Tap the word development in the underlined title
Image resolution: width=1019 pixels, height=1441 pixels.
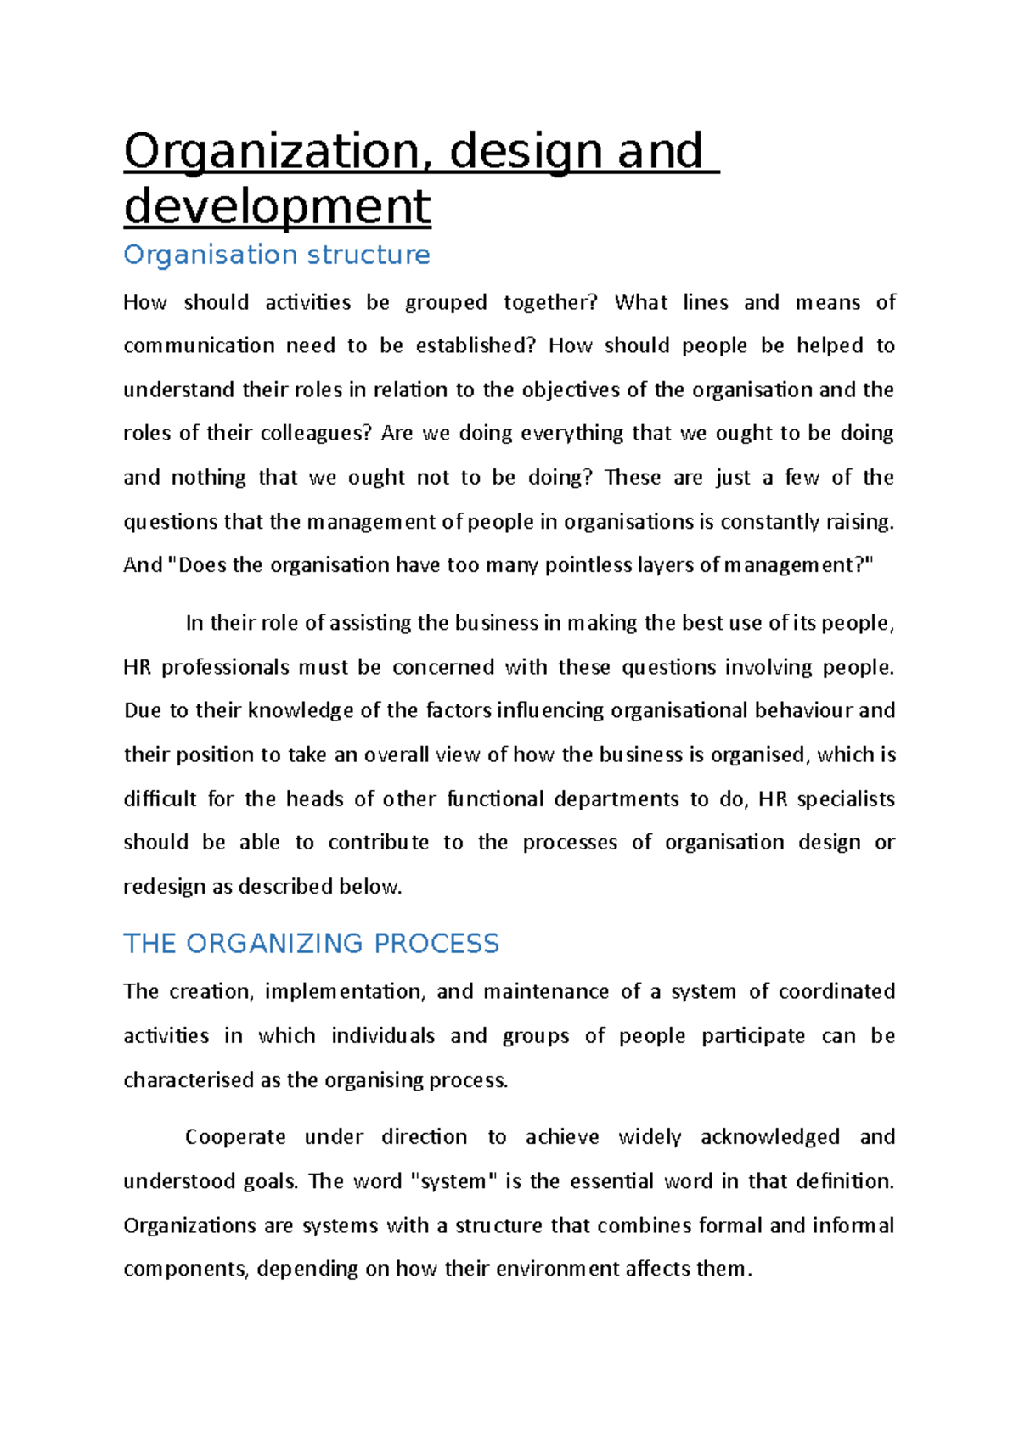click(x=277, y=206)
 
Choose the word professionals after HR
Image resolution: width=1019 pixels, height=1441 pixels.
click(x=225, y=668)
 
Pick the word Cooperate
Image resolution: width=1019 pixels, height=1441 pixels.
click(x=235, y=1137)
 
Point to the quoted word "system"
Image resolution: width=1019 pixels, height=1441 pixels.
click(x=453, y=1181)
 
